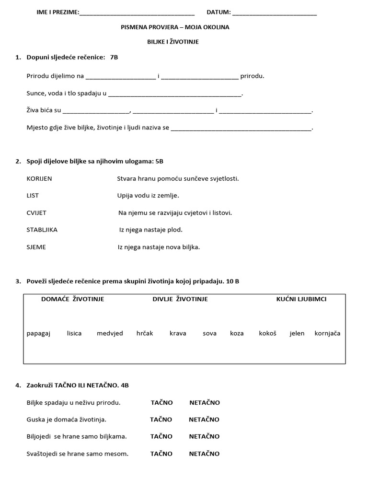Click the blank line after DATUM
pyautogui.click(x=274, y=13)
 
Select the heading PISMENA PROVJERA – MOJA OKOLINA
pyautogui.click(x=175, y=27)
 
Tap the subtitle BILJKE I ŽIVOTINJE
pyautogui.click(x=172, y=42)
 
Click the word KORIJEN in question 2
pyautogui.click(x=39, y=178)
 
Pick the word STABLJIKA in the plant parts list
pyautogui.click(x=42, y=230)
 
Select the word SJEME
pyautogui.click(x=36, y=247)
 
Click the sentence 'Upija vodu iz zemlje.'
pyautogui.click(x=148, y=196)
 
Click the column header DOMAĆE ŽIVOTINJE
pyautogui.click(x=73, y=299)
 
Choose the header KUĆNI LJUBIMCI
pyautogui.click(x=301, y=299)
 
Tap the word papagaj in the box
pyautogui.click(x=38, y=333)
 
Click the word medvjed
pyautogui.click(x=110, y=333)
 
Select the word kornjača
pyautogui.click(x=327, y=333)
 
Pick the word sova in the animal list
pyautogui.click(x=209, y=333)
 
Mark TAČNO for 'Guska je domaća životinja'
pyautogui.click(x=161, y=419)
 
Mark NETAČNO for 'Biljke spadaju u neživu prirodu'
pyautogui.click(x=205, y=402)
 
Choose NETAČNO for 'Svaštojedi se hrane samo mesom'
pyautogui.click(x=204, y=454)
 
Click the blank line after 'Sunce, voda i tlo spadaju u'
pyautogui.click(x=175, y=94)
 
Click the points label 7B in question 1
pyautogui.click(x=114, y=58)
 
